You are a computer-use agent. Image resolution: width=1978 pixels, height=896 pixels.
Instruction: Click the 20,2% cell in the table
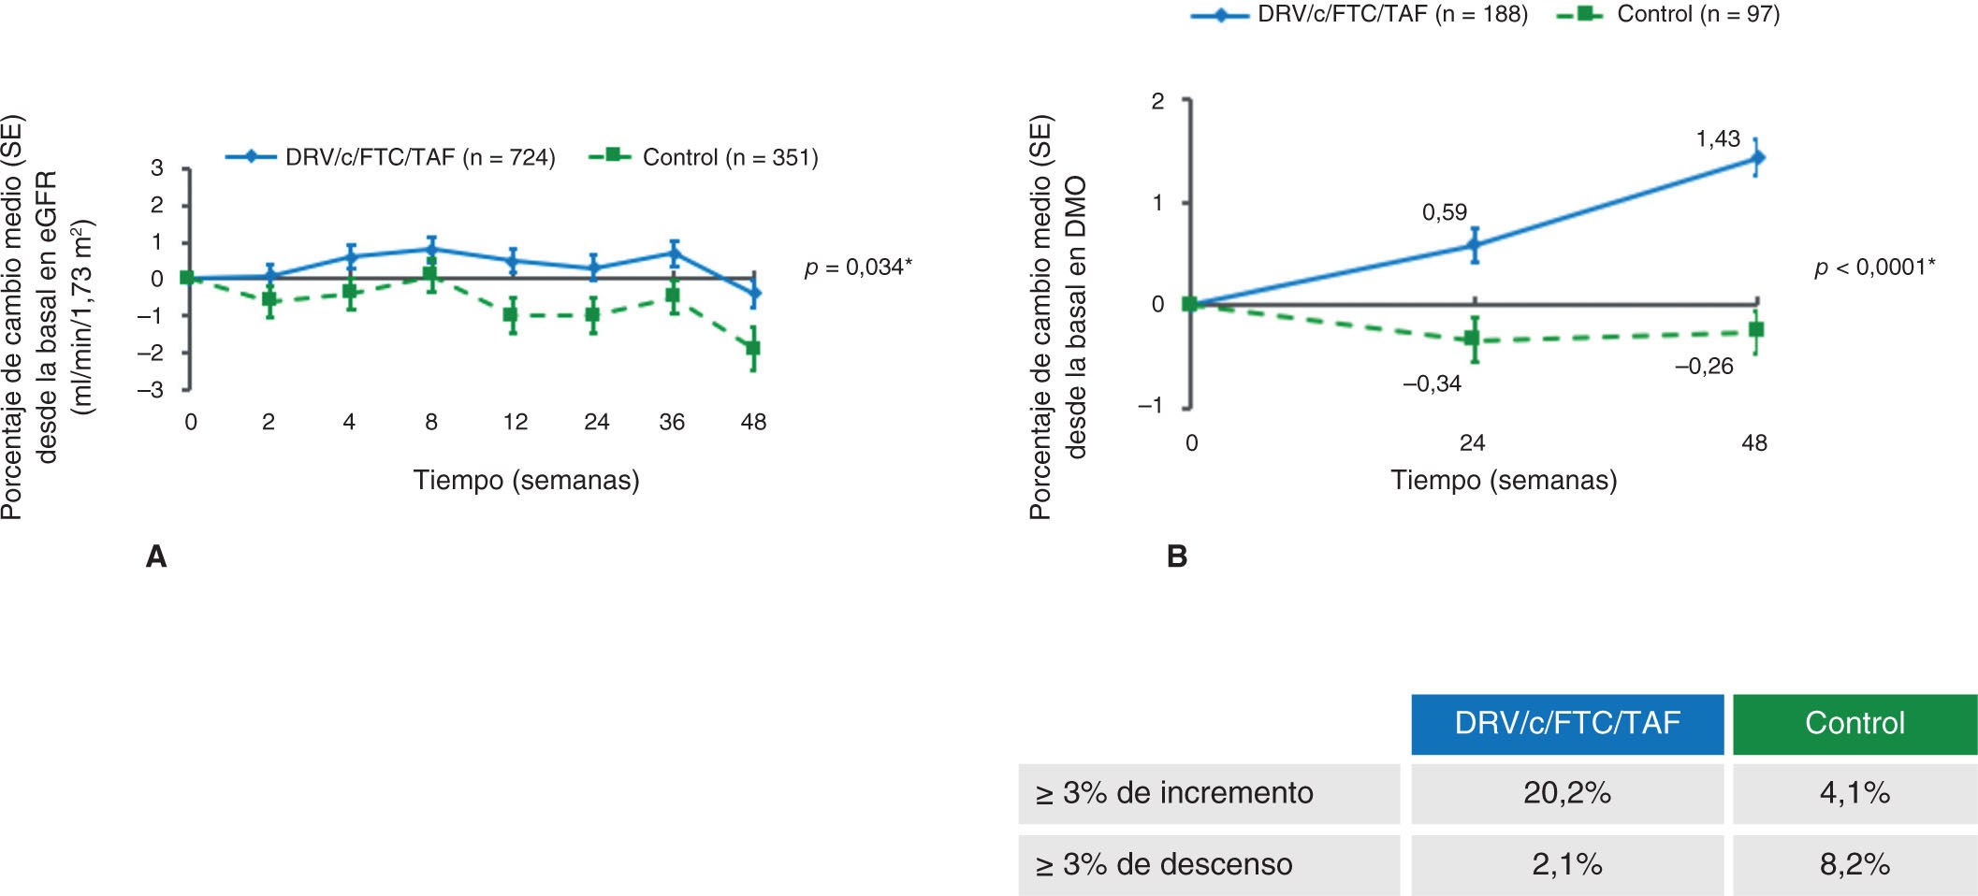1566,793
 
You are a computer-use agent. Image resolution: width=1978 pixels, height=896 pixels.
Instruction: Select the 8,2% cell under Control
1854,864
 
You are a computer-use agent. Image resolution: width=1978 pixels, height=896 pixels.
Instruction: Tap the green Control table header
1854,723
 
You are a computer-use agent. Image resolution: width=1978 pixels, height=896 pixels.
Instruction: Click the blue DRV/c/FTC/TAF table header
1566,723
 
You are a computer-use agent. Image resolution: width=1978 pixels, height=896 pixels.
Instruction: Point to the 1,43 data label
1718,139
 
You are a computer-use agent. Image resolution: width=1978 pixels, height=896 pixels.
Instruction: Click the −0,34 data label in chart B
1432,383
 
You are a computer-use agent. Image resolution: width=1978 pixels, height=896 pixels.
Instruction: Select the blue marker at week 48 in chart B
1756,158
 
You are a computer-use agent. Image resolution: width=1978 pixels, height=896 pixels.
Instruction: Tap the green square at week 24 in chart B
1473,339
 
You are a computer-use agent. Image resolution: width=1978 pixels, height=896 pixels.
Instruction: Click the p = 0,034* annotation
858,267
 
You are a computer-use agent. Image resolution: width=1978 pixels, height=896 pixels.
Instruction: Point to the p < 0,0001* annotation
1874,267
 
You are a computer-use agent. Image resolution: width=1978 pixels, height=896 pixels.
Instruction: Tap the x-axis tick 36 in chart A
672,422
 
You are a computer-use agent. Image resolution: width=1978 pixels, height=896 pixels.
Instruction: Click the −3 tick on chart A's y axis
150,390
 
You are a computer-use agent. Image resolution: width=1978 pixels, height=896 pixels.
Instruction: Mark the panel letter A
156,556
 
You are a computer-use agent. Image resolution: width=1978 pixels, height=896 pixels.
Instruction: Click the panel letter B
1177,556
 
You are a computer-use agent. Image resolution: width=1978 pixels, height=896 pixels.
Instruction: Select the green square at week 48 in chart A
753,349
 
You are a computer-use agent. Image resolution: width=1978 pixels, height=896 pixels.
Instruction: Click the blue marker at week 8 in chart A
431,249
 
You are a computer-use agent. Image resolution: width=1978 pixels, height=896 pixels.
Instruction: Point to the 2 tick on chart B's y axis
1157,101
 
